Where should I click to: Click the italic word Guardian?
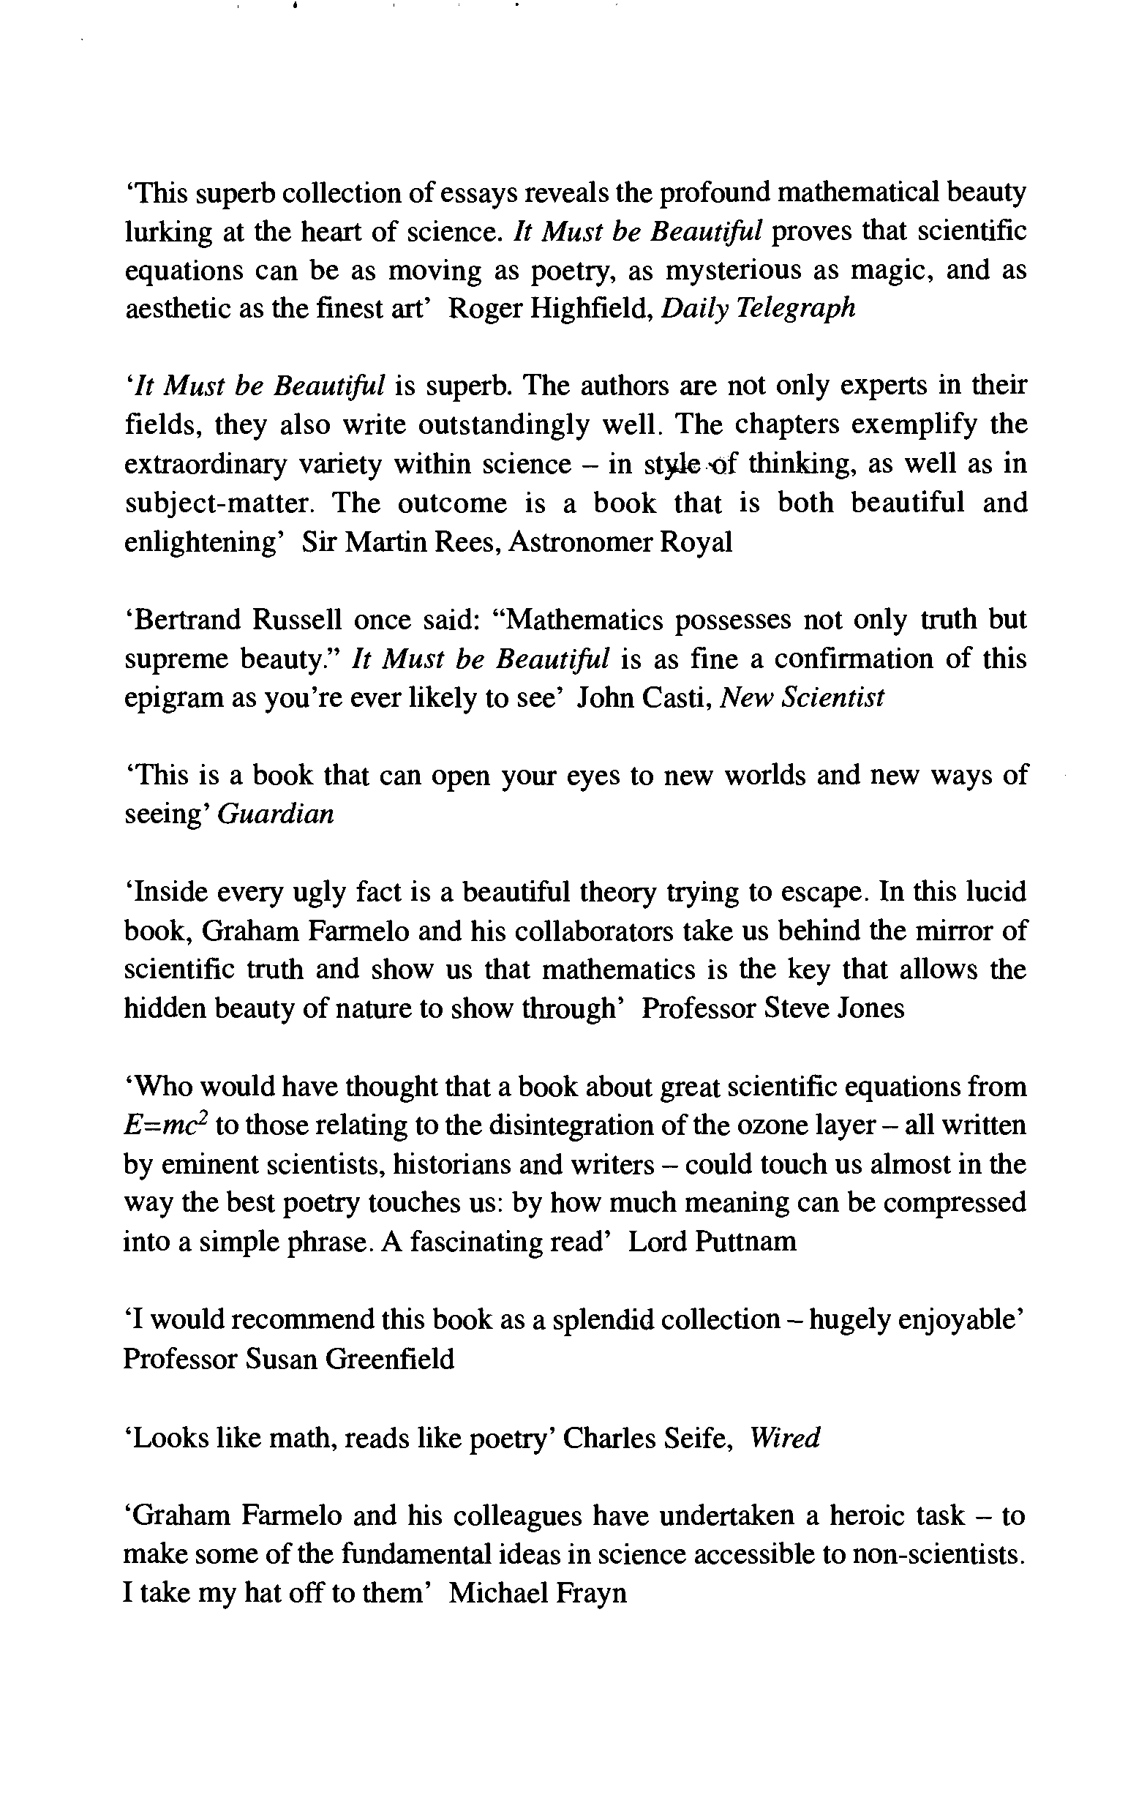275,814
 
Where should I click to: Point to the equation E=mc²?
165,1126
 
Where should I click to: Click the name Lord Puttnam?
712,1243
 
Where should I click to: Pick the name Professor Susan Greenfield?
289,1359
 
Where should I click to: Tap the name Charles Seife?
647,1438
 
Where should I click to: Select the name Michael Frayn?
538,1593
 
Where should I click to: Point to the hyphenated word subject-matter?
217,504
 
